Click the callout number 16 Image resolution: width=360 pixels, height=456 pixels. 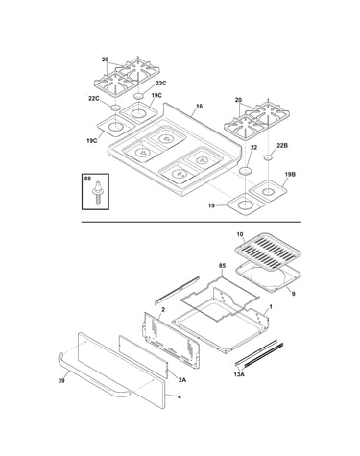point(199,106)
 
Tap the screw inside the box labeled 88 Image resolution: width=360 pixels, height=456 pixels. point(96,192)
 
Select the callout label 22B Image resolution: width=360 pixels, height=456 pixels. point(282,146)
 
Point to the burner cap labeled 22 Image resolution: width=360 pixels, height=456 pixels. point(246,171)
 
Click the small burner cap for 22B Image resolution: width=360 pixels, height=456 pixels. point(268,157)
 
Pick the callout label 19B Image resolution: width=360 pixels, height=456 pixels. point(290,174)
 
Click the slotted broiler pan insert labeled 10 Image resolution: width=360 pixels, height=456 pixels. point(268,251)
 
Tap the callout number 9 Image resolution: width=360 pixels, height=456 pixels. point(293,294)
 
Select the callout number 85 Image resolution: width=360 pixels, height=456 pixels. point(222,266)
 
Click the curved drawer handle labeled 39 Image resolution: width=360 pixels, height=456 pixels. point(93,375)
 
